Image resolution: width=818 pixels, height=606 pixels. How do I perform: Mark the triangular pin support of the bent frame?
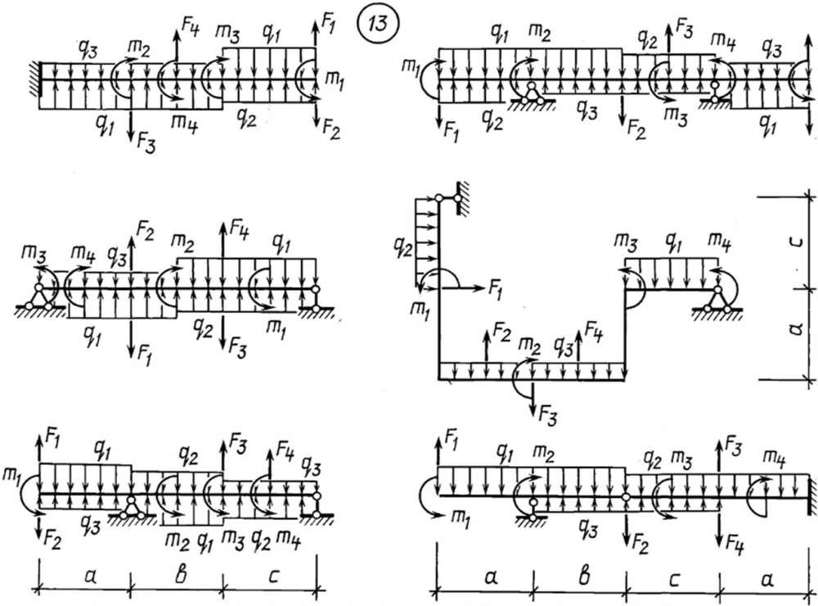(717, 301)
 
